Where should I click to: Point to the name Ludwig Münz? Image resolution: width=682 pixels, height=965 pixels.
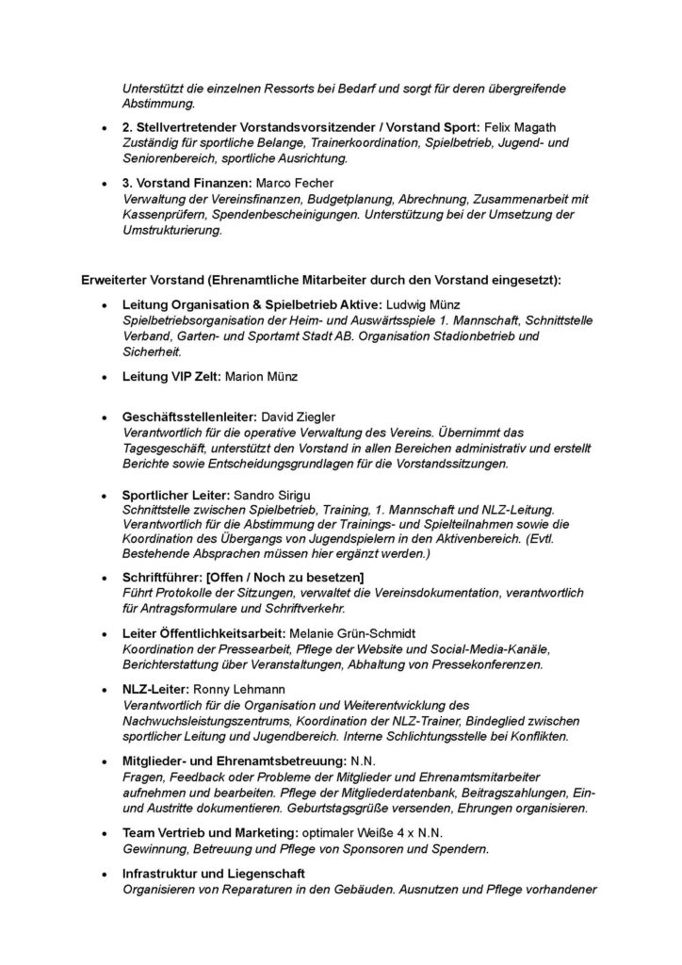[421, 305]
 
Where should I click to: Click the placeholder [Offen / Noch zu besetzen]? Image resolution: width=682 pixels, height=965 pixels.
[282, 577]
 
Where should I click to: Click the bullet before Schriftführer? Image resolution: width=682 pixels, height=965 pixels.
[103, 577]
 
